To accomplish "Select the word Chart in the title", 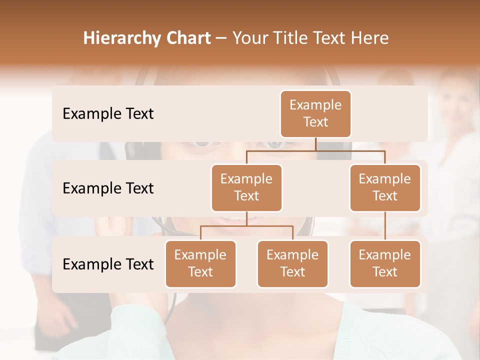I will tap(186, 38).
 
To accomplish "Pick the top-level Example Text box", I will tap(315, 114).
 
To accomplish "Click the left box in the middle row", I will tap(246, 187).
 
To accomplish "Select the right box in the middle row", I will tap(385, 187).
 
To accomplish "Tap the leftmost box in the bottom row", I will tap(200, 263).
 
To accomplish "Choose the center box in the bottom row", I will tap(292, 263).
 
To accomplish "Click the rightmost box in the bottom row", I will tap(385, 263).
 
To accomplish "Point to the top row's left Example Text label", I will tap(108, 114).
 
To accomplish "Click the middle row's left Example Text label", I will tap(108, 188).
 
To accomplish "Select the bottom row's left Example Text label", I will tap(108, 264).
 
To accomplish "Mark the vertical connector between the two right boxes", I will tap(385, 226).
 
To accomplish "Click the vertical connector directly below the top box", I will tap(315, 144).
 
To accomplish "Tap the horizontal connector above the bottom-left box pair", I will tap(246, 226).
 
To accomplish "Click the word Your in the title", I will tap(248, 38).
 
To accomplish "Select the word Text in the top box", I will tap(315, 122).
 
